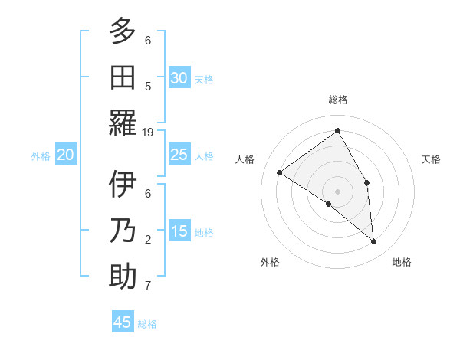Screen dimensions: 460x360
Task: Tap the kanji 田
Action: click(123, 77)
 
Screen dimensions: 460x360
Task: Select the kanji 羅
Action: click(123, 123)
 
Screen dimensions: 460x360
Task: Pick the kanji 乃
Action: click(123, 231)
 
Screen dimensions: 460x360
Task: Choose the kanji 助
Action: click(123, 277)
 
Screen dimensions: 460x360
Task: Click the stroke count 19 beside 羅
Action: click(148, 132)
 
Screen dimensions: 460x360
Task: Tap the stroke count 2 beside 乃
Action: click(148, 240)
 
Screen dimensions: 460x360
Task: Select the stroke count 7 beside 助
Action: click(148, 286)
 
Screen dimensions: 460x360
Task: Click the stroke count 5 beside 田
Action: click(148, 86)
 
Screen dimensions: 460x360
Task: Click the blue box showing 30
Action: click(179, 78)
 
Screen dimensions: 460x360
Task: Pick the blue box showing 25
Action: click(179, 155)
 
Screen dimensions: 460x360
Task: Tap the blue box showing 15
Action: click(179, 231)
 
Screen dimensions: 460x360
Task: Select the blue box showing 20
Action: click(65, 155)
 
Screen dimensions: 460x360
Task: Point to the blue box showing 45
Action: click(123, 322)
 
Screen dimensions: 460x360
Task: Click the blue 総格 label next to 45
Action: click(147, 324)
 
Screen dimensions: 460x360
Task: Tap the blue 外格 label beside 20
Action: click(41, 156)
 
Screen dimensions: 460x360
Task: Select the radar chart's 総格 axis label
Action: click(338, 100)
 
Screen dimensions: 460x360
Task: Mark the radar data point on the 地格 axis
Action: click(374, 242)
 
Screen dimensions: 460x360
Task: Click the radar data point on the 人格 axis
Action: click(280, 173)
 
